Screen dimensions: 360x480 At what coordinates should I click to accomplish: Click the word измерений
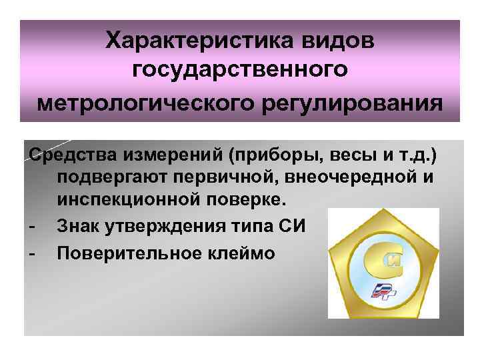161,156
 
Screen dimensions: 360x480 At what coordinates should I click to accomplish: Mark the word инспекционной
124,199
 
